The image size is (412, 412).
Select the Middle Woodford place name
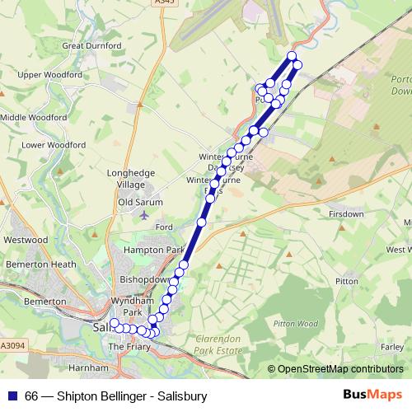click(33, 117)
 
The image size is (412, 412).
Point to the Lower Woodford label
click(53, 145)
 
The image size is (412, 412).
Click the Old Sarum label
click(140, 202)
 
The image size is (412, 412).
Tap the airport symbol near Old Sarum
click(146, 215)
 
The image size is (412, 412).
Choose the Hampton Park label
click(153, 249)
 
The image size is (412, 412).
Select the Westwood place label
click(26, 240)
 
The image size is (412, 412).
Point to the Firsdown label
click(346, 214)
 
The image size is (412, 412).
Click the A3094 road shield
click(13, 346)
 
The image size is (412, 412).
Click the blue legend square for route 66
click(12, 396)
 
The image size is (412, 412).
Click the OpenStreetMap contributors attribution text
click(340, 369)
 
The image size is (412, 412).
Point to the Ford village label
click(162, 227)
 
